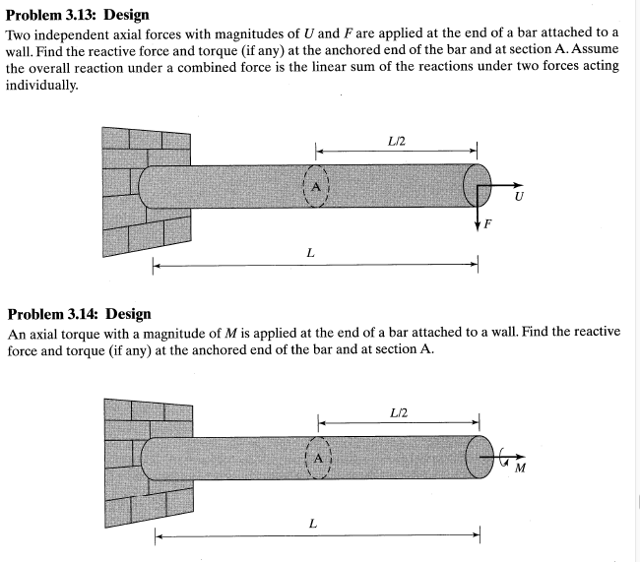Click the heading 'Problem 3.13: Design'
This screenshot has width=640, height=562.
[77, 15]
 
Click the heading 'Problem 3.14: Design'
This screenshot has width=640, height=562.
[79, 314]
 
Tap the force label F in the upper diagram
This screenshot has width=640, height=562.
[487, 225]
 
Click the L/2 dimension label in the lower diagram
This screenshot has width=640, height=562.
[399, 410]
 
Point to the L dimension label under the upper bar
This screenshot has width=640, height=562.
[311, 253]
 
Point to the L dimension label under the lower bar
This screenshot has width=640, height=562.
[312, 524]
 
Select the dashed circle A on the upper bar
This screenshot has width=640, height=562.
[316, 184]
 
